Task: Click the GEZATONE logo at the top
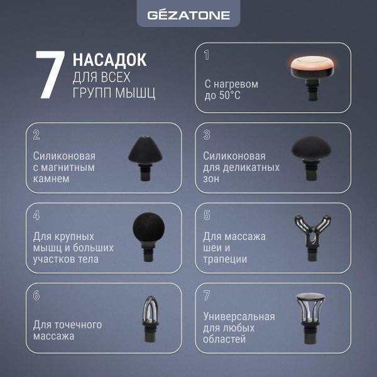pyautogui.click(x=188, y=15)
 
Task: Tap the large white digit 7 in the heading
pyautogui.click(x=50, y=75)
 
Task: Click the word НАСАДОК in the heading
pyautogui.click(x=109, y=60)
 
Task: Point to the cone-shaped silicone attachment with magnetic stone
pyautogui.click(x=145, y=158)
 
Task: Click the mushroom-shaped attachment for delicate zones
pyautogui.click(x=312, y=158)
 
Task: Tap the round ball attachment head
pyautogui.click(x=148, y=228)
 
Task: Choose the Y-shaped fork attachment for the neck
pyautogui.click(x=312, y=238)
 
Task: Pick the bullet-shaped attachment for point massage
pyautogui.click(x=151, y=319)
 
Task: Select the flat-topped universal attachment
pyautogui.click(x=310, y=318)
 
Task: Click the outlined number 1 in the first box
pyautogui.click(x=207, y=55)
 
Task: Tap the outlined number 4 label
pyautogui.click(x=36, y=215)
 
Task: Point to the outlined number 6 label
pyautogui.click(x=36, y=295)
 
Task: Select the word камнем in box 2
pyautogui.click(x=52, y=179)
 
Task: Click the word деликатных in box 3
pyautogui.click(x=251, y=168)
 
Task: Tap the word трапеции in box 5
pyautogui.click(x=225, y=260)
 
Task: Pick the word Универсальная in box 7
pyautogui.click(x=239, y=317)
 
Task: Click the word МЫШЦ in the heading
pyautogui.click(x=135, y=92)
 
